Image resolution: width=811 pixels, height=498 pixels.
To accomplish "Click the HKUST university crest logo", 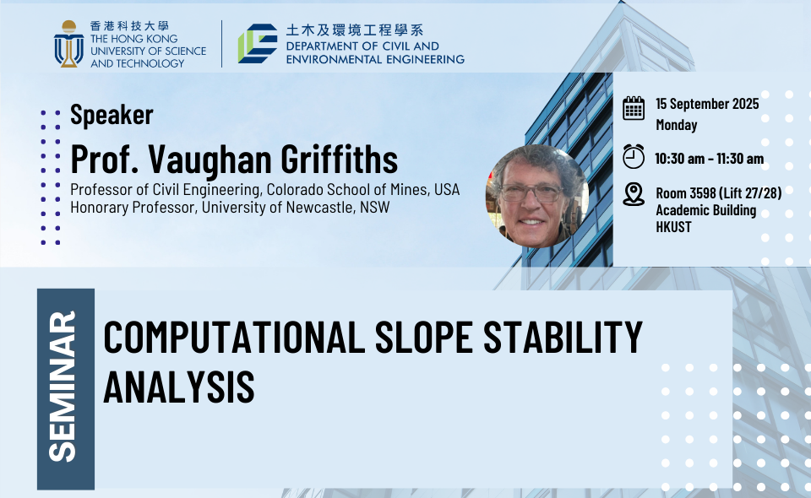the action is [x=68, y=44].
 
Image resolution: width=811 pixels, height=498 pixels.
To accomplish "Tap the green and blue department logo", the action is [x=258, y=43].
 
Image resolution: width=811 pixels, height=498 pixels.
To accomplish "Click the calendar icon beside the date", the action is [x=633, y=108].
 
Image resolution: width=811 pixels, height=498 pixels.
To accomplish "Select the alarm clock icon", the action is [x=633, y=156].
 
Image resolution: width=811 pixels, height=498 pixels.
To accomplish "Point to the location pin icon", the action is [x=633, y=194].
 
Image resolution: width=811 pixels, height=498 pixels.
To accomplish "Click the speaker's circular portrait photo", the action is [x=537, y=196].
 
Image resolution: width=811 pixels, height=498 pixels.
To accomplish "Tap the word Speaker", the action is [x=112, y=115].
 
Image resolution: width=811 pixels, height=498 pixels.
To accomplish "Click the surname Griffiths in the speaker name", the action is [x=340, y=160].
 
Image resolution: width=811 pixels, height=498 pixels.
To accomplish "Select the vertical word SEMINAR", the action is [x=63, y=386].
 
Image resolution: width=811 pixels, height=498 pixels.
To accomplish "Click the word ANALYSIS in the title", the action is [x=179, y=387].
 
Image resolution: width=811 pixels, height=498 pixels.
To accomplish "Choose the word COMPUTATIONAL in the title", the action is [x=234, y=338].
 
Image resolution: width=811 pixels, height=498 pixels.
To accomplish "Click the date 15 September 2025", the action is [x=707, y=104].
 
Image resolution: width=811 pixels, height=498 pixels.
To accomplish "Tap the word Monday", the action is [x=677, y=125].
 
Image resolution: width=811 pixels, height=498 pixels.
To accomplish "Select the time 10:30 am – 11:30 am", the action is [x=709, y=159].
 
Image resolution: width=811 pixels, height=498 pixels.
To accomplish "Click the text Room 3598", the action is [x=686, y=193].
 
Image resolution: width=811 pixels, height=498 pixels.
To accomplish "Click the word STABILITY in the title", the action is [x=563, y=338].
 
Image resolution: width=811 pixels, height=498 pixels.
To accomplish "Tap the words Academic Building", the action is [x=706, y=210].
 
